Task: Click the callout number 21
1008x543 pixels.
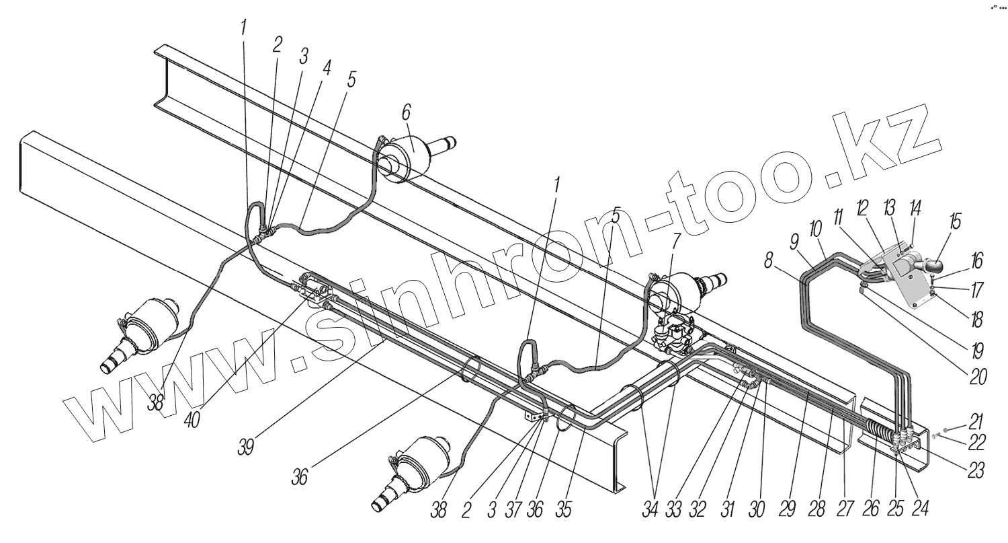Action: [975, 422]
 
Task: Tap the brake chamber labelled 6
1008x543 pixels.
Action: [409, 156]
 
